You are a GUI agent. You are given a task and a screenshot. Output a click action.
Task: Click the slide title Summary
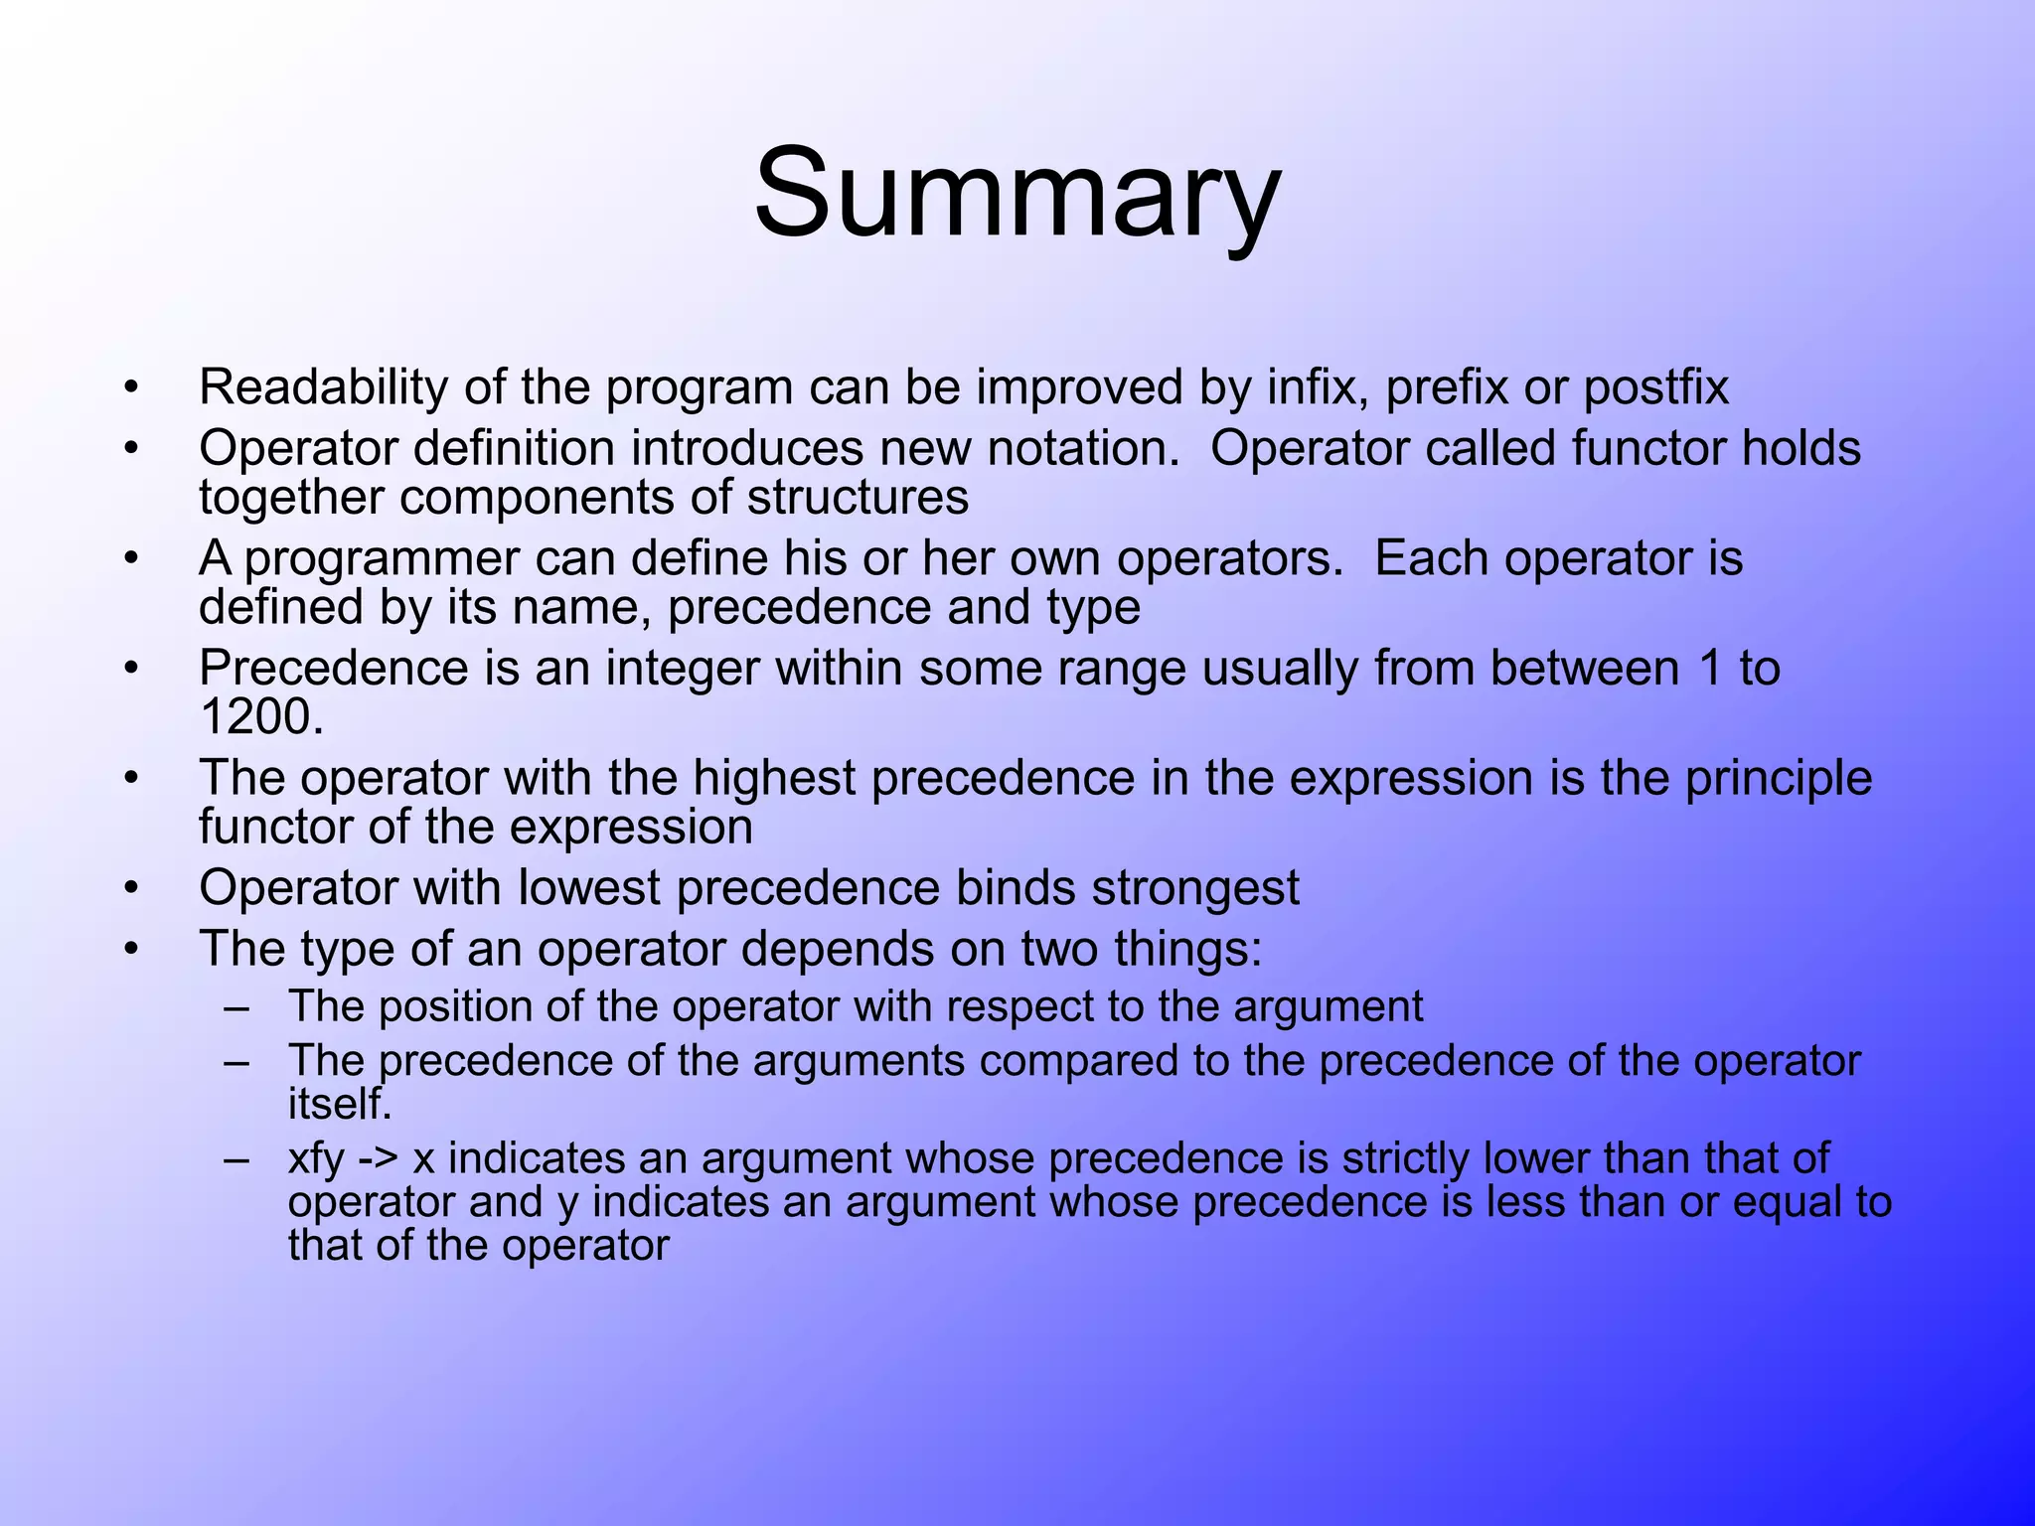(1017, 194)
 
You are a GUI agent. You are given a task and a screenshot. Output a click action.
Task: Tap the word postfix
(1655, 387)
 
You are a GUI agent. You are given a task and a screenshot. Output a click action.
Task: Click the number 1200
(260, 717)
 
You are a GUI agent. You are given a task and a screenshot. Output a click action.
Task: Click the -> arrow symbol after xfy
(378, 1159)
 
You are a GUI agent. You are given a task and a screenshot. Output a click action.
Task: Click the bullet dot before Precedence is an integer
(130, 670)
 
